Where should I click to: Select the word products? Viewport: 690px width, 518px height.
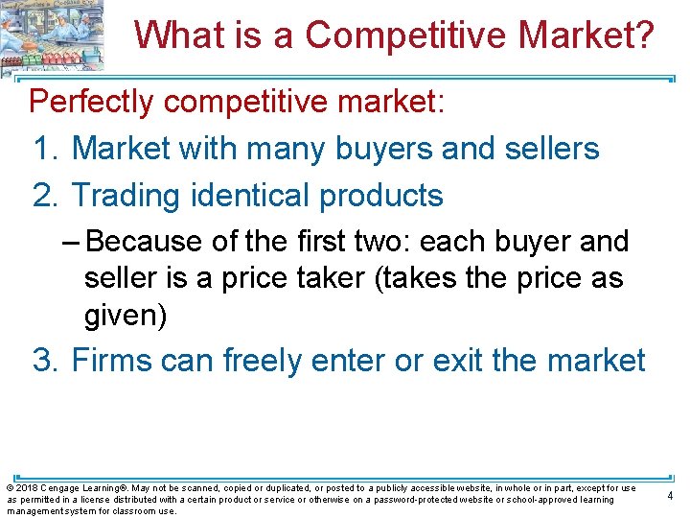tap(381, 196)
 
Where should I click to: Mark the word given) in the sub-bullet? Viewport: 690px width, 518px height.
tap(126, 315)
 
